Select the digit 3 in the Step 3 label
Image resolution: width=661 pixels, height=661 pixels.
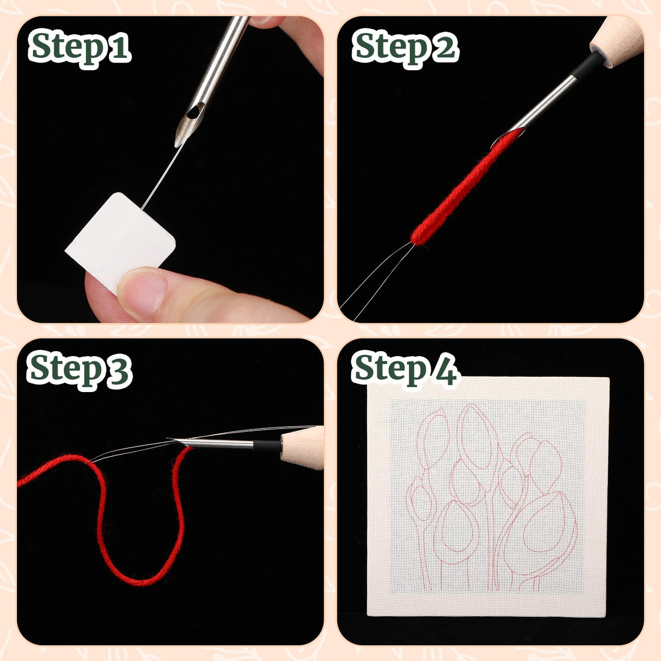coord(119,370)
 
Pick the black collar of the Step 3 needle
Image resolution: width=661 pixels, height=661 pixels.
coord(267,444)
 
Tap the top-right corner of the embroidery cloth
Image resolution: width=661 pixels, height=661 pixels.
coord(608,378)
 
